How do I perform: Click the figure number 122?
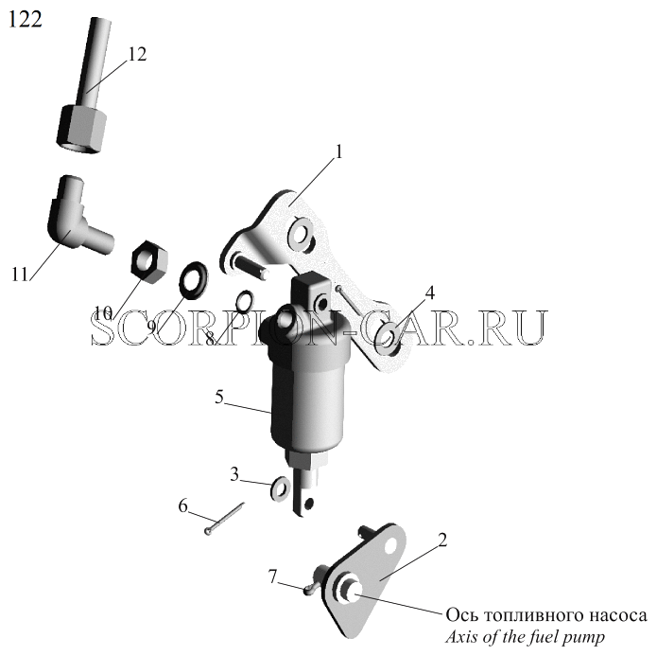coord(26,19)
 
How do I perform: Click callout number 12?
coord(137,54)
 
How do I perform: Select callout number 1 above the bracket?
coord(339,152)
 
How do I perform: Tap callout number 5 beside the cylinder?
coord(219,397)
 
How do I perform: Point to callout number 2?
coord(442,540)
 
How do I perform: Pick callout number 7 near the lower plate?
coord(273,576)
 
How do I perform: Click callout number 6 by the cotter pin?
coord(183,506)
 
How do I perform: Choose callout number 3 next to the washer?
coord(234,474)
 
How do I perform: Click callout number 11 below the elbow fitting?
coord(19,275)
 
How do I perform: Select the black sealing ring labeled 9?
coord(193,281)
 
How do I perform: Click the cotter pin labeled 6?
coord(224,518)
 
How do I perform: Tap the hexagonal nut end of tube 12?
coord(81,130)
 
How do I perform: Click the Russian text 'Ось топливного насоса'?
coord(546,615)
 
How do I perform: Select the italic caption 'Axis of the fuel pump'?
coord(525,637)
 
